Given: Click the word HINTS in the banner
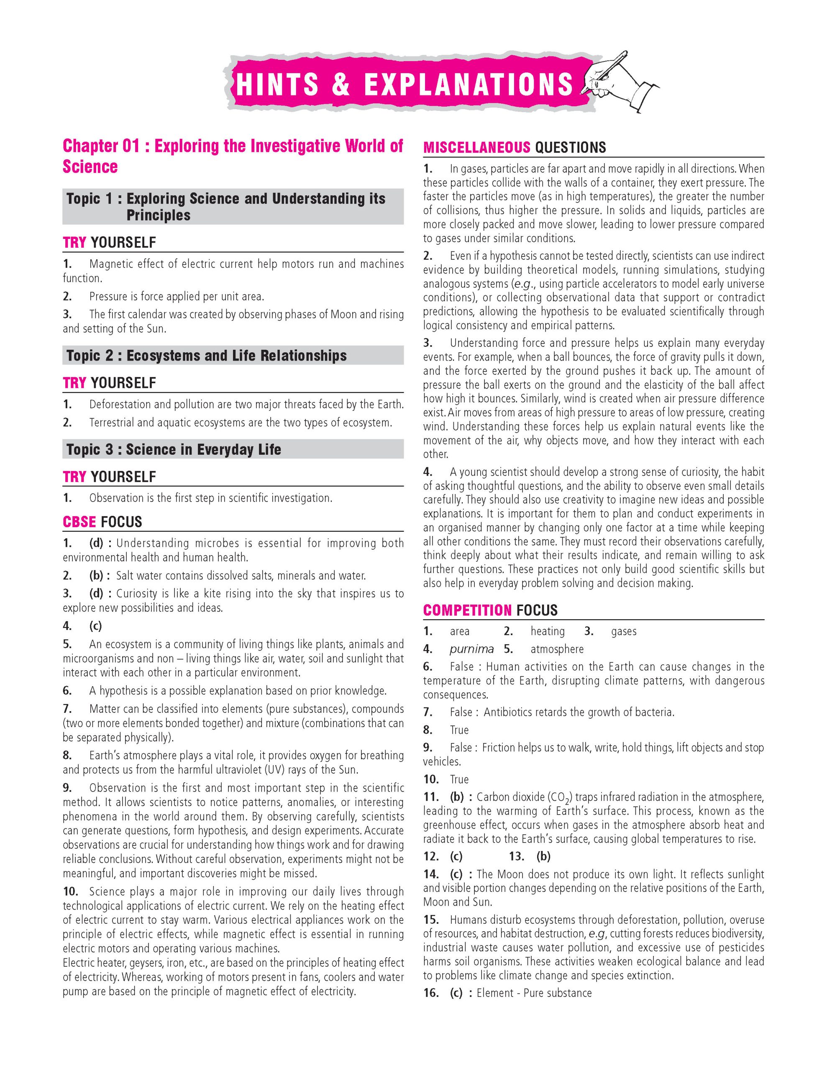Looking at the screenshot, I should point(277,85).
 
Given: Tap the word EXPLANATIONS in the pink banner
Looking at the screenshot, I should point(468,85).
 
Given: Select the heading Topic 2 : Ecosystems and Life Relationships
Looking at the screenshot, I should point(206,356).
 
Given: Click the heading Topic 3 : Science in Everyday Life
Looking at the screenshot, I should point(174,449).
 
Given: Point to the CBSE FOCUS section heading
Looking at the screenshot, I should point(102,522).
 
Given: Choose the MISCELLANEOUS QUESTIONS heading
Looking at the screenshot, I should point(514,147).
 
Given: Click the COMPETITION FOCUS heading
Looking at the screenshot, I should point(490,610).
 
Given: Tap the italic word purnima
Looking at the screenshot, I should point(471,649).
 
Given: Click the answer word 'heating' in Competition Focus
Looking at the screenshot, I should point(547,631).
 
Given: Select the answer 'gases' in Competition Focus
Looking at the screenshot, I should point(624,631).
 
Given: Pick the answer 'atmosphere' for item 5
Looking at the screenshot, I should point(557,649).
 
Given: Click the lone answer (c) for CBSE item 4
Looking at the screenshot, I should point(96,626).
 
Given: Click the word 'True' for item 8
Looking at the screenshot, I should point(459,730).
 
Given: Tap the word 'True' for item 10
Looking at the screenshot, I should point(459,779).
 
